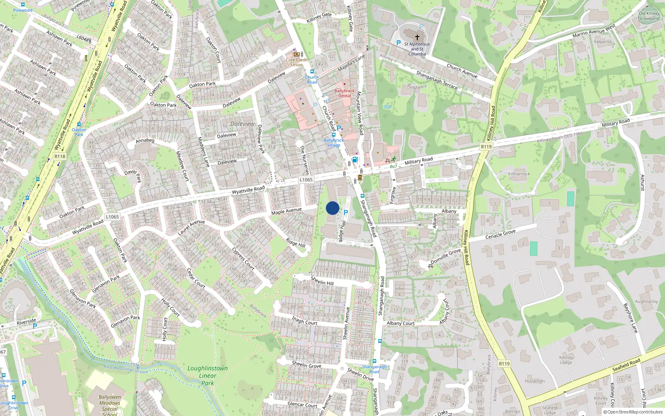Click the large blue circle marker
[332, 208]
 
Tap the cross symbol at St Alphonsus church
[417, 37]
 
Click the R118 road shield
[60, 156]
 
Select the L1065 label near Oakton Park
[112, 217]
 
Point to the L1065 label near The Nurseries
[306, 180]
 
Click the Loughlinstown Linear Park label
[207, 375]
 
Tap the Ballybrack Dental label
[345, 93]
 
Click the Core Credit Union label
[297, 62]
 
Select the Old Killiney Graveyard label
[649, 16]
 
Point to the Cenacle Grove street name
[500, 235]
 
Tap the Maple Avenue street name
[286, 211]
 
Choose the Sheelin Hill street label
[322, 281]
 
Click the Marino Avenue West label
[594, 31]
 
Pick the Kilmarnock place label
[519, 174]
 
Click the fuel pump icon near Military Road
[355, 159]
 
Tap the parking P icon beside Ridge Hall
[345, 213]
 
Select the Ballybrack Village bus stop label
[334, 143]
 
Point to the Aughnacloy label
[646, 302]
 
